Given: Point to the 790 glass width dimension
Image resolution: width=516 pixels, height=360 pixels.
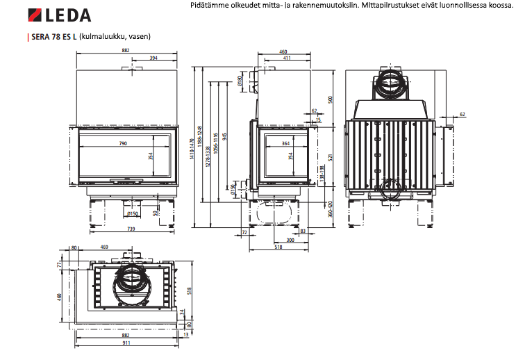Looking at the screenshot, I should pyautogui.click(x=122, y=144).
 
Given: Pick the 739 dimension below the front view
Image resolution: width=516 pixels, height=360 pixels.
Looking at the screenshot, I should pyautogui.click(x=131, y=229).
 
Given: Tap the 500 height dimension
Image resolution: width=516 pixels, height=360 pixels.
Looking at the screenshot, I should pyautogui.click(x=331, y=99).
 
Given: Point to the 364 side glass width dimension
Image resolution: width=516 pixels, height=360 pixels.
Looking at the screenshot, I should pyautogui.click(x=285, y=144).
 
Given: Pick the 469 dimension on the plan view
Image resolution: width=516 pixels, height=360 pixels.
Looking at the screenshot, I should pyautogui.click(x=104, y=247).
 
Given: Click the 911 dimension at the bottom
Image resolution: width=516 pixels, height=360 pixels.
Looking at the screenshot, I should pyautogui.click(x=126, y=344).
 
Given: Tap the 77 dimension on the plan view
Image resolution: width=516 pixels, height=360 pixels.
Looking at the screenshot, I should pyautogui.click(x=60, y=265).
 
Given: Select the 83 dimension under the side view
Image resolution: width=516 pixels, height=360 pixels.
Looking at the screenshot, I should pyautogui.click(x=303, y=231).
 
